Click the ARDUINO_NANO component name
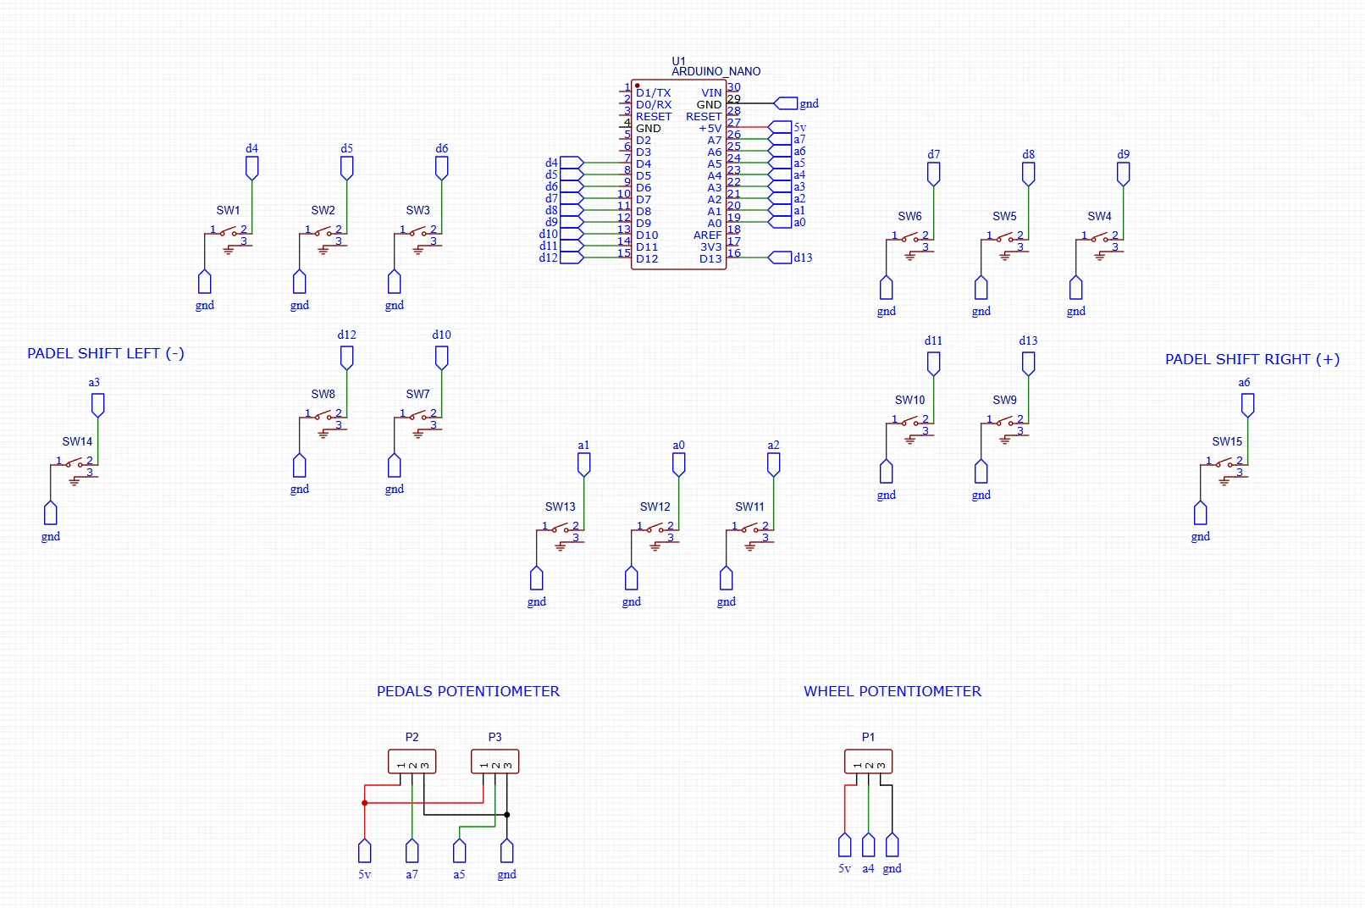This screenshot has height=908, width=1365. (716, 72)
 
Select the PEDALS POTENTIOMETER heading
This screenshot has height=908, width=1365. (467, 691)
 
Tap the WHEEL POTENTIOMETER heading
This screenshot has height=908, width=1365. (892, 691)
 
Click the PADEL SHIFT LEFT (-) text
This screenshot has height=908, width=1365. (105, 353)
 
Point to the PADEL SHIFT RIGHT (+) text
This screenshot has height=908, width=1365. (1252, 359)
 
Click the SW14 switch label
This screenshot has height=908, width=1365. (77, 441)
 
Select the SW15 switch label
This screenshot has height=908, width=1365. (1226, 441)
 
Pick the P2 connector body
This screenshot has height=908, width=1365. (412, 761)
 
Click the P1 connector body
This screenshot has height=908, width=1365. (868, 761)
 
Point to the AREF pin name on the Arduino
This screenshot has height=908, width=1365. (707, 235)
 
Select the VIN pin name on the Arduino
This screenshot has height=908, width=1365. (711, 93)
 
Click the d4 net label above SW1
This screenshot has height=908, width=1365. (251, 148)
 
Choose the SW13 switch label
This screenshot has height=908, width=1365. (560, 507)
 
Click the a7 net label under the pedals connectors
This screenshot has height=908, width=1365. (412, 874)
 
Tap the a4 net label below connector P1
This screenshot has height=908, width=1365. (868, 868)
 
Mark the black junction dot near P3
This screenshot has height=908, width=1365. (506, 815)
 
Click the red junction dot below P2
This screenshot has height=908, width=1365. (364, 802)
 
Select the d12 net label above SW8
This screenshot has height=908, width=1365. (346, 335)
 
